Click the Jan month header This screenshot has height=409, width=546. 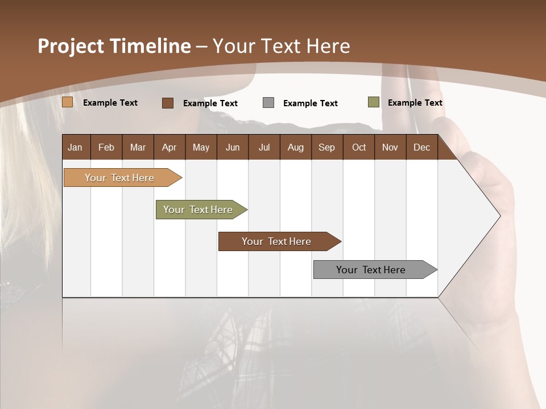click(75, 148)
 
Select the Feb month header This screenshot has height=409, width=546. click(106, 148)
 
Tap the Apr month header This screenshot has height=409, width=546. click(169, 148)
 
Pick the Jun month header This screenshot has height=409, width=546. click(233, 148)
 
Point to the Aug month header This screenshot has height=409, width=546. click(295, 148)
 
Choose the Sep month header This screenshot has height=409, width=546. click(326, 148)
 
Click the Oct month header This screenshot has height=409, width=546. click(359, 148)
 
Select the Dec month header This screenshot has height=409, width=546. click(421, 148)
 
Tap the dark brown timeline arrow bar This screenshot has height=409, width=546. click(277, 241)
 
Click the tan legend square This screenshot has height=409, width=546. click(67, 102)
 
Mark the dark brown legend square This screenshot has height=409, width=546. click(168, 103)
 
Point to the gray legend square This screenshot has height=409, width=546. click(268, 103)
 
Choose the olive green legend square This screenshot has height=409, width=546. click(373, 102)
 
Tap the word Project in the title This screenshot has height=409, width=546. click(71, 46)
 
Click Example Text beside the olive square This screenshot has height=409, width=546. click(415, 103)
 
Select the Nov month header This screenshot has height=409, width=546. click(390, 148)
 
